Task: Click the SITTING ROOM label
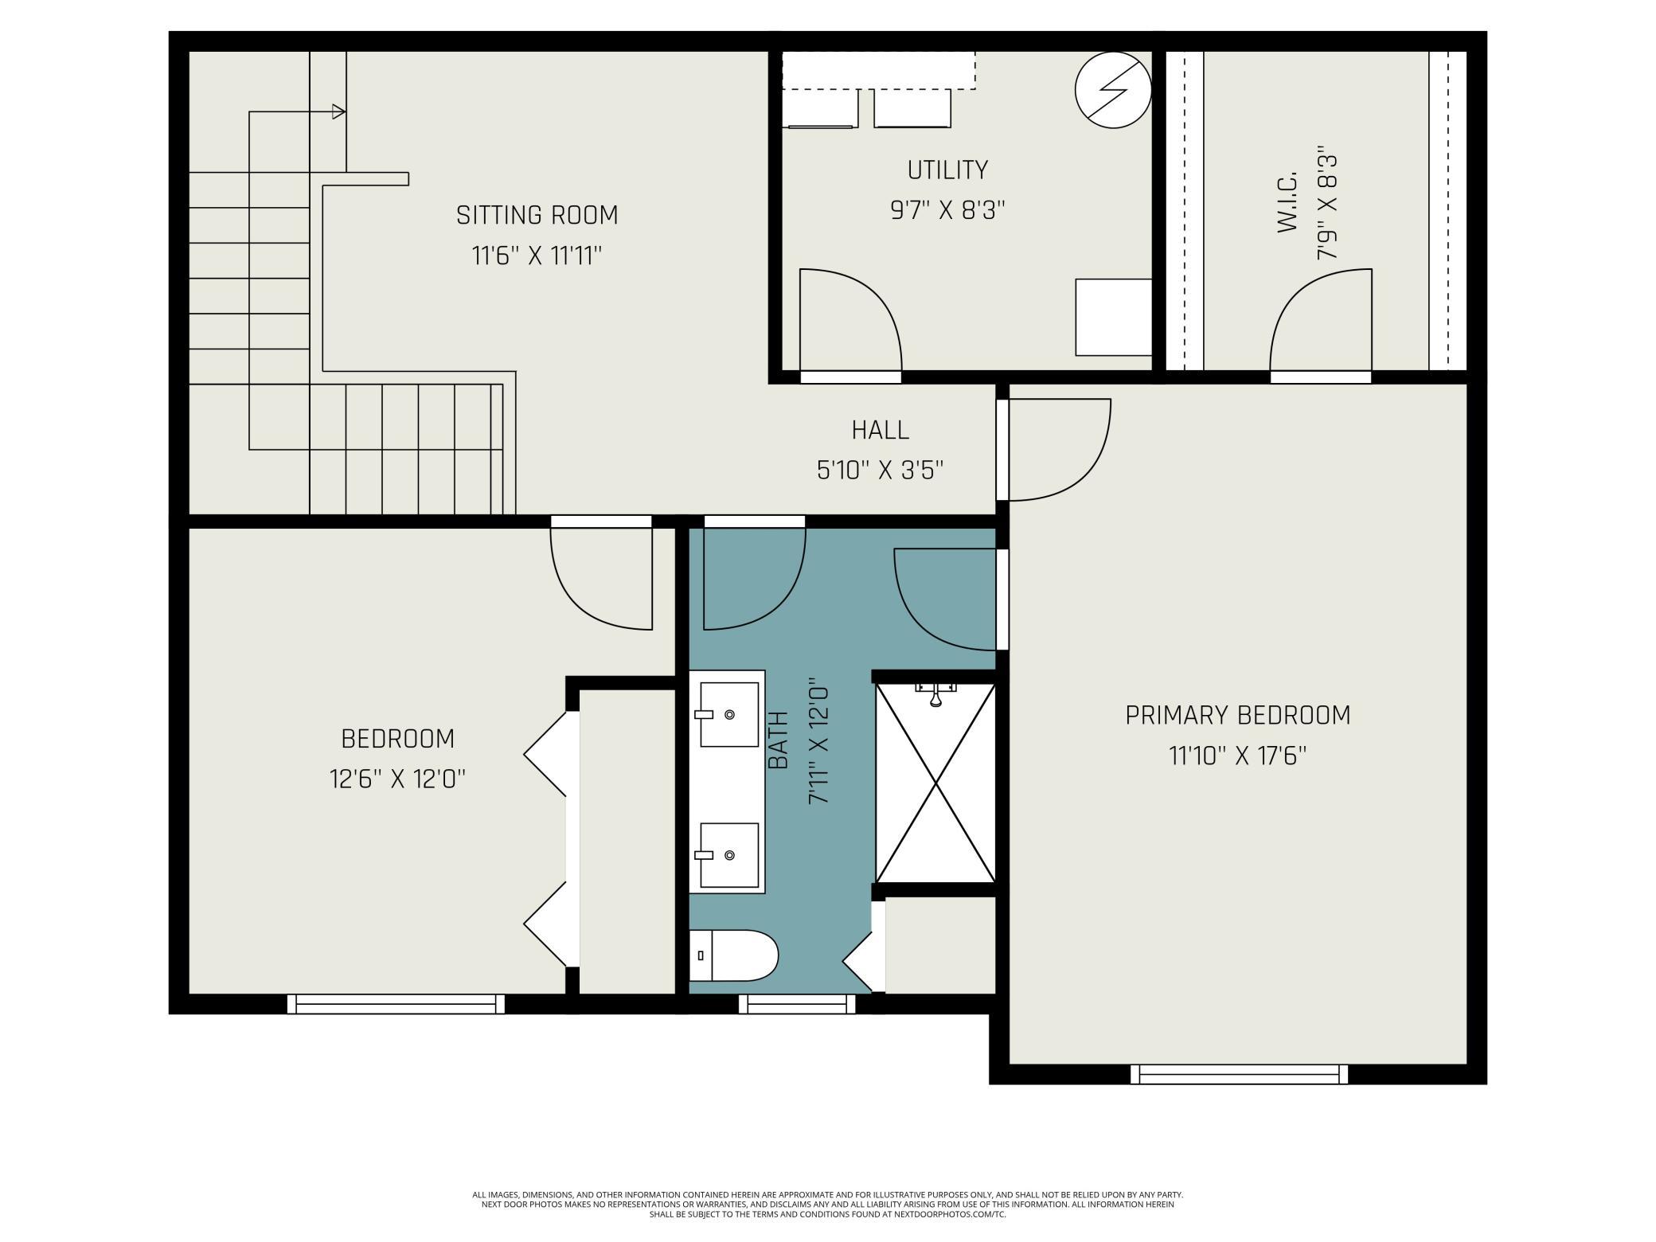tap(537, 215)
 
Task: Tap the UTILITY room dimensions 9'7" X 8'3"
tap(947, 210)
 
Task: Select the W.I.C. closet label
tap(1287, 201)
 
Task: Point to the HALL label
tap(880, 430)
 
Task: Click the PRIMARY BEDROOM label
tap(1238, 715)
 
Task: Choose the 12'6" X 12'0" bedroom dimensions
tap(397, 778)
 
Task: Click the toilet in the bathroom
tap(733, 955)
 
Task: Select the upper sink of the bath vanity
tap(729, 714)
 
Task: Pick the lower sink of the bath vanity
tap(729, 855)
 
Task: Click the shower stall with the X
tap(935, 783)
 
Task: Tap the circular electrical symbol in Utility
tap(1113, 90)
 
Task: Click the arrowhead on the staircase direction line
tap(338, 111)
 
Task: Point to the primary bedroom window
tap(1240, 1074)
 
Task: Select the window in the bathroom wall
tap(797, 1004)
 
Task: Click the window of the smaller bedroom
tap(396, 1004)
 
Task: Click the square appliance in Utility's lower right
tap(1114, 317)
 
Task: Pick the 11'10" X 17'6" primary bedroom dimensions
tap(1238, 755)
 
